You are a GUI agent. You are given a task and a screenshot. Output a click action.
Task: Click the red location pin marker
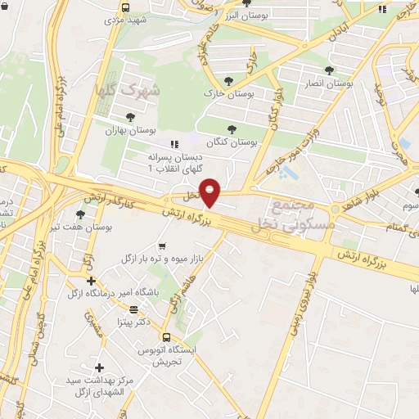[x=211, y=192]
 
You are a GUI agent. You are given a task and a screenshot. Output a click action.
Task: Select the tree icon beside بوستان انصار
[x=329, y=70]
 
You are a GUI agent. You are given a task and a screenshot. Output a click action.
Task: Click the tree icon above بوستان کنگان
[x=232, y=128]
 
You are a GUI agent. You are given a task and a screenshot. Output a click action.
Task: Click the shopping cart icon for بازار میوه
[x=162, y=246]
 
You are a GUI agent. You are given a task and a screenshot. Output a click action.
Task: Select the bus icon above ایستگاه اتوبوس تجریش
[x=166, y=336]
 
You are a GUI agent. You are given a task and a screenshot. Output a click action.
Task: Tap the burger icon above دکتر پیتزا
[x=133, y=309]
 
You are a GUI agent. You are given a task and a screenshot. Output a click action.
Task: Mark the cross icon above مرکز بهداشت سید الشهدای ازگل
[x=100, y=368]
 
